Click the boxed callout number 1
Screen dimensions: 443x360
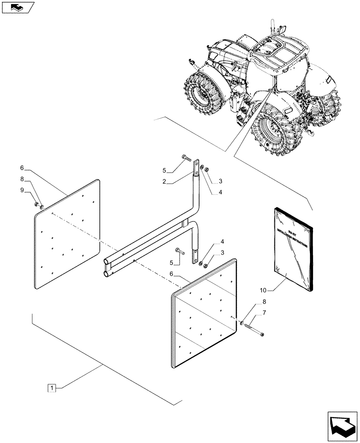[x=52, y=389]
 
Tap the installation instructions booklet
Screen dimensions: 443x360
[x=293, y=248]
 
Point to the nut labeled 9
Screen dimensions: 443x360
[x=35, y=204]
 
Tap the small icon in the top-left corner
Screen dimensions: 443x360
[x=18, y=7]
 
